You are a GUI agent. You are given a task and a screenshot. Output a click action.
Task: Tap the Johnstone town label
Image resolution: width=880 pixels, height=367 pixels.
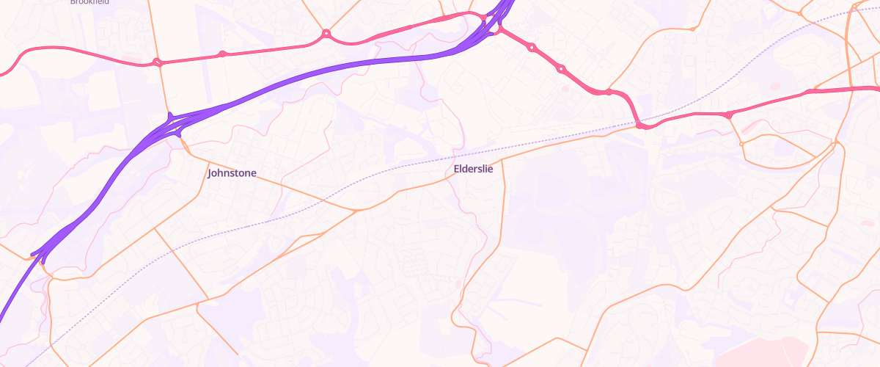tap(232, 173)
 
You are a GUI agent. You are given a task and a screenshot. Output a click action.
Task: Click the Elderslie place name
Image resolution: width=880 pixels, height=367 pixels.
tap(473, 169)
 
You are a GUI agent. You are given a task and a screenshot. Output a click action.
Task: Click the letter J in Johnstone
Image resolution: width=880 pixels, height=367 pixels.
tap(210, 173)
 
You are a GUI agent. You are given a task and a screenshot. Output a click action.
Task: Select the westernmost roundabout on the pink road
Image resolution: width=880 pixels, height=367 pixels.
tap(157, 62)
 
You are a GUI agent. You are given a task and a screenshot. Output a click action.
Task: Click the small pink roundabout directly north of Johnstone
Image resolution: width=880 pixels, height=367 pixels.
tap(221, 54)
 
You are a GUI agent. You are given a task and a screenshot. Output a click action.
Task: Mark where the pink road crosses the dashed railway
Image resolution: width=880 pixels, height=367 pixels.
tap(640, 126)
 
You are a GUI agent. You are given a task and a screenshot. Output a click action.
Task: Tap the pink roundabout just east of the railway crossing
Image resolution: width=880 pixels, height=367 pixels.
tap(728, 115)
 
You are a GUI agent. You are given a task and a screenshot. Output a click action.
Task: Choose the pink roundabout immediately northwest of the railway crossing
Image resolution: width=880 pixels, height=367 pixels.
tap(609, 92)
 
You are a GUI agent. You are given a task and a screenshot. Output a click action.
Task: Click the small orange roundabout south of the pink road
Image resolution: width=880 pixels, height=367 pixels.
tap(741, 144)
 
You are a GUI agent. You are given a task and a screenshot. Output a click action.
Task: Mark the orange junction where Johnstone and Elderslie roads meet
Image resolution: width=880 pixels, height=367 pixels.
tap(356, 211)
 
